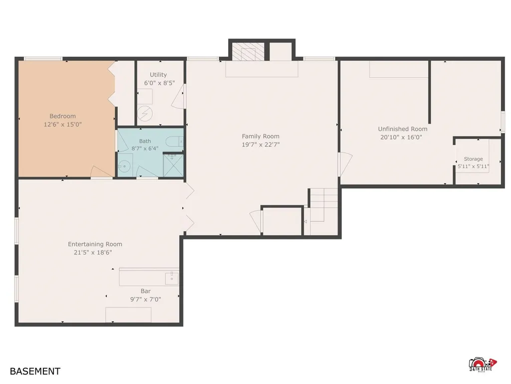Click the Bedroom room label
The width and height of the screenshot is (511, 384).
[x=62, y=116]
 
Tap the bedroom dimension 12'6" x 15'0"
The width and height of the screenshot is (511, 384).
[x=62, y=124]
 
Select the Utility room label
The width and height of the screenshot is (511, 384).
[x=158, y=75]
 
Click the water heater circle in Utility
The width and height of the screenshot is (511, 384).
[x=145, y=113]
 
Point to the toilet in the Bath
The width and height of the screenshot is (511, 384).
[x=174, y=141]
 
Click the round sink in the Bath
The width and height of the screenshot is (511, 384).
[x=124, y=166]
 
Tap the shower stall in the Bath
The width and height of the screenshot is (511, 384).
[x=173, y=165]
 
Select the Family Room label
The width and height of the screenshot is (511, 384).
[x=260, y=136]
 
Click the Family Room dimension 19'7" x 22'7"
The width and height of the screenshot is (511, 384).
[x=260, y=144]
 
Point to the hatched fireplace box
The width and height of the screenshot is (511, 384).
[x=248, y=51]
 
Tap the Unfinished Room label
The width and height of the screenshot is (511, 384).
[x=403, y=129]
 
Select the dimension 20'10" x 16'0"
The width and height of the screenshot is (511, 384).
[x=401, y=137]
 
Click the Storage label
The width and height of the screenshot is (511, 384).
[x=473, y=159]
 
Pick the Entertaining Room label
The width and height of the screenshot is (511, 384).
[x=95, y=244]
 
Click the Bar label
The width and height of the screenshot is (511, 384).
[x=146, y=291]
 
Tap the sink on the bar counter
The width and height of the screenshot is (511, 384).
[x=172, y=278]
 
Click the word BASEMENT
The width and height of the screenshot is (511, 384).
[x=35, y=371]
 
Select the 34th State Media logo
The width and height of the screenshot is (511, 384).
[x=483, y=364]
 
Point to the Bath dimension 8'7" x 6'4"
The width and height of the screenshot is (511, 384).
[x=145, y=148]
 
